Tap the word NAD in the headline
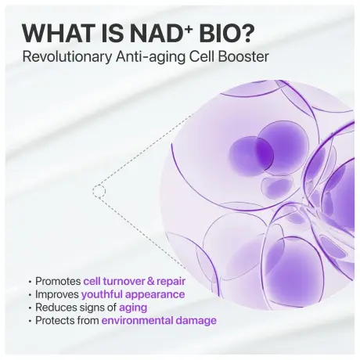pyautogui.click(x=164, y=34)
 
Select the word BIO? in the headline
pyautogui.click(x=230, y=34)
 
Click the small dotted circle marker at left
pyautogui.click(x=99, y=190)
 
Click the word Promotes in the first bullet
pyautogui.click(x=58, y=281)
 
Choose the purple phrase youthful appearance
pyautogui.click(x=133, y=294)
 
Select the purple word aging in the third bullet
pyautogui.click(x=132, y=308)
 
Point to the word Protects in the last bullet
pyautogui.click(x=55, y=321)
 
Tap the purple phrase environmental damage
pyautogui.click(x=158, y=321)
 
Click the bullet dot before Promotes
pyautogui.click(x=30, y=281)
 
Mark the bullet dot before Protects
pyautogui.click(x=30, y=321)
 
